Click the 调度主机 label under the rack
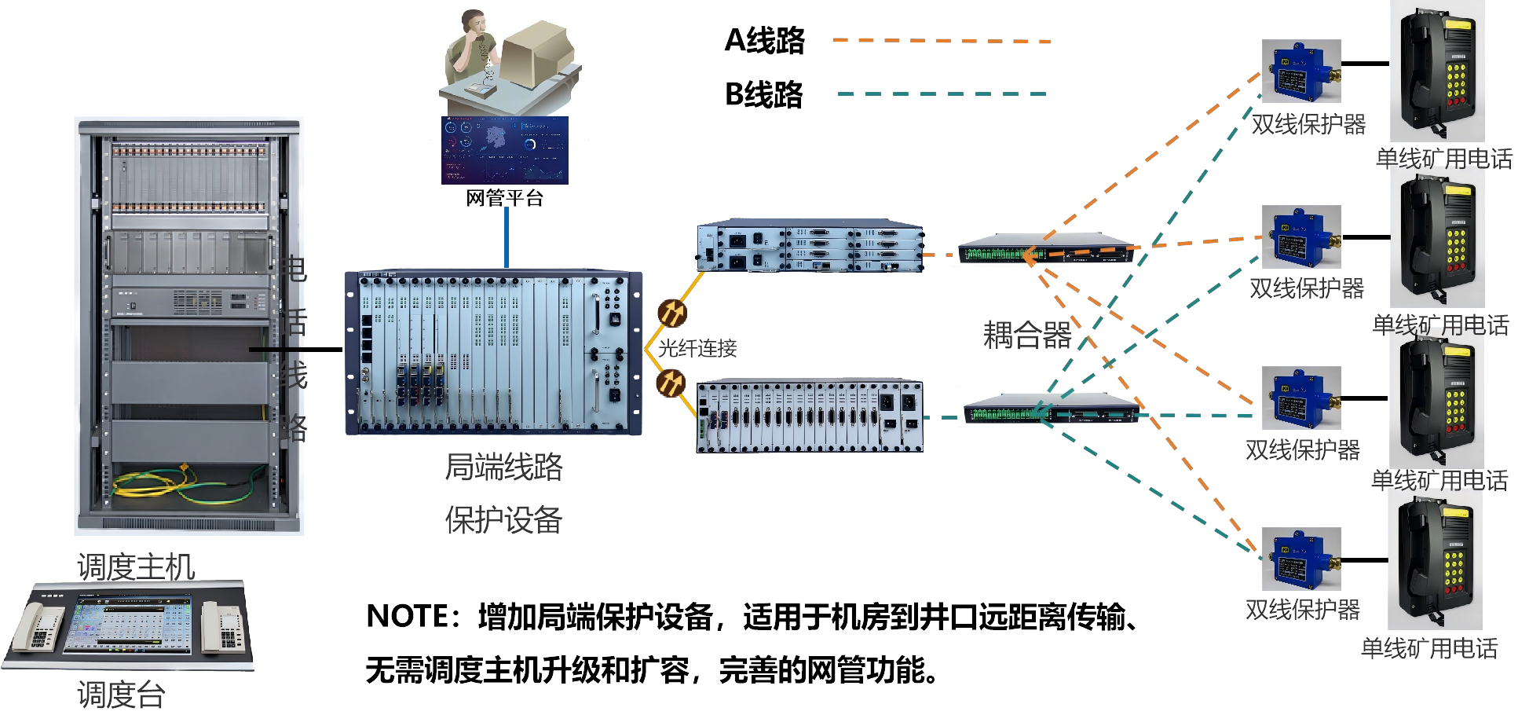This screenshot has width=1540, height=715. tap(136, 566)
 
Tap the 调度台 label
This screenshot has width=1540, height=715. tap(121, 695)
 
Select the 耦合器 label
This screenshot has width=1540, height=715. tap(1027, 335)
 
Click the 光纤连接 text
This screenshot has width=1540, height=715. tap(697, 348)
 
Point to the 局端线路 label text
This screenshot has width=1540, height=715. tap(503, 467)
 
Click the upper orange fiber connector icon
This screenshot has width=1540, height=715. tap(671, 313)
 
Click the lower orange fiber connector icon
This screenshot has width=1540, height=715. tap(671, 383)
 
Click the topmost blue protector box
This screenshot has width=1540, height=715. tap(1300, 71)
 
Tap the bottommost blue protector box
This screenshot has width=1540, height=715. tap(1300, 559)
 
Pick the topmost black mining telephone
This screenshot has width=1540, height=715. tap(1436, 71)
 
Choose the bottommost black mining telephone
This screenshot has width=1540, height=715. tap(1435, 559)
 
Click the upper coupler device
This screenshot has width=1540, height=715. tap(1044, 247)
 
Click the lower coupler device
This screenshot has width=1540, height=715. tap(1050, 407)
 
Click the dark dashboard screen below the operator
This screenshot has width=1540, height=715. tap(504, 150)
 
